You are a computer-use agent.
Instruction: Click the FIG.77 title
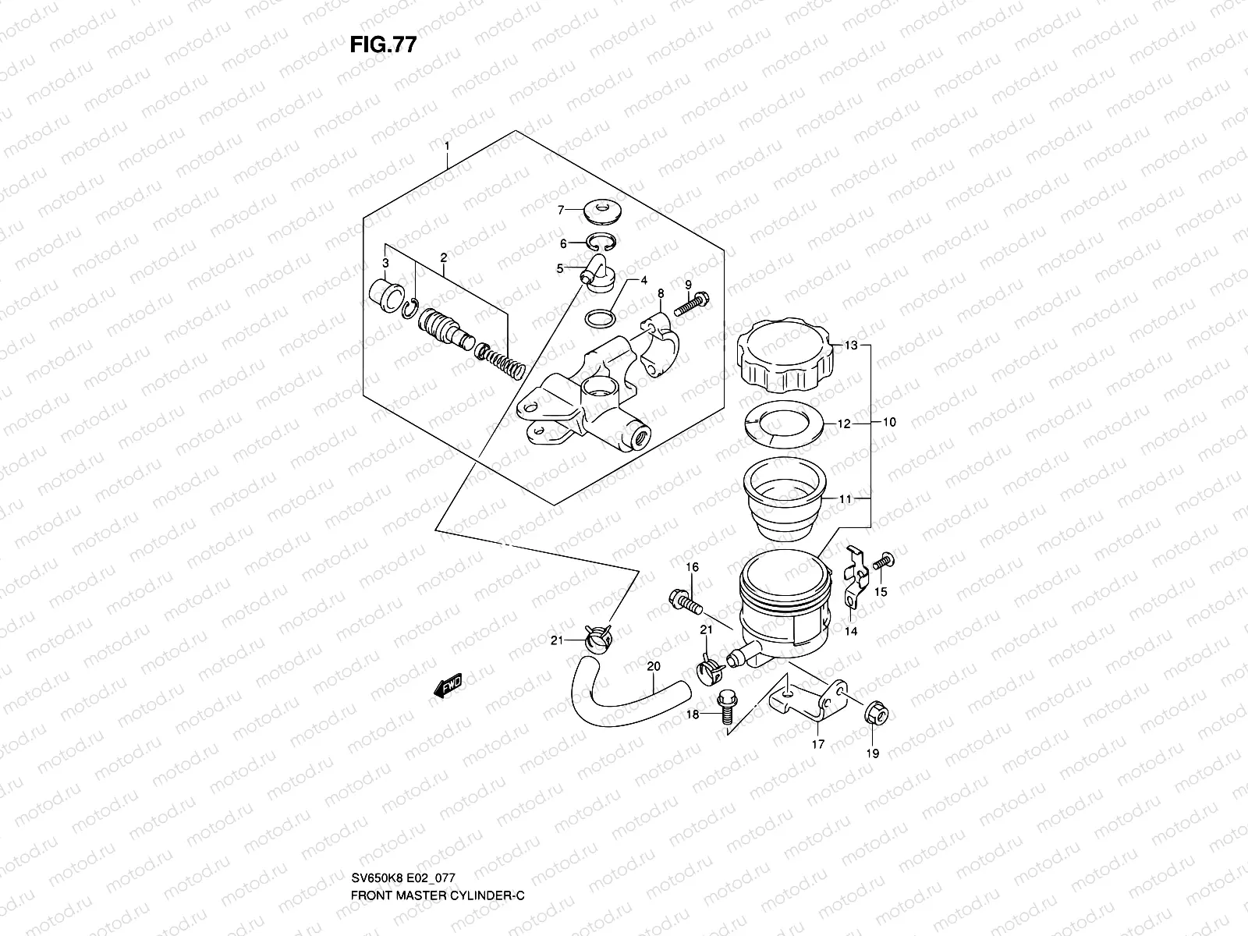pos(383,44)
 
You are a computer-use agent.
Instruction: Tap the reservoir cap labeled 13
pos(785,357)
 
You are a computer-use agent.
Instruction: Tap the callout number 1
pos(446,146)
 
